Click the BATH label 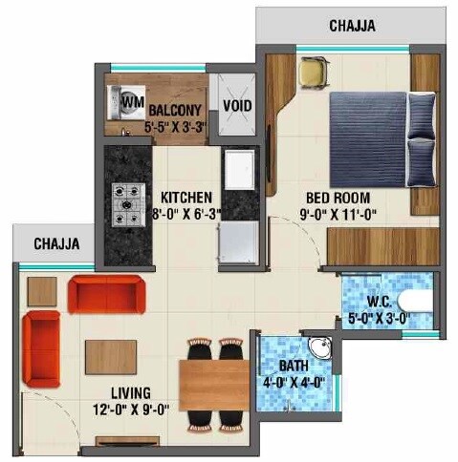point(293,366)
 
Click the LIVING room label point(132,393)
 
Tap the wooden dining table point(214,382)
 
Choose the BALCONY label point(174,109)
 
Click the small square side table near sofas point(42,290)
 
